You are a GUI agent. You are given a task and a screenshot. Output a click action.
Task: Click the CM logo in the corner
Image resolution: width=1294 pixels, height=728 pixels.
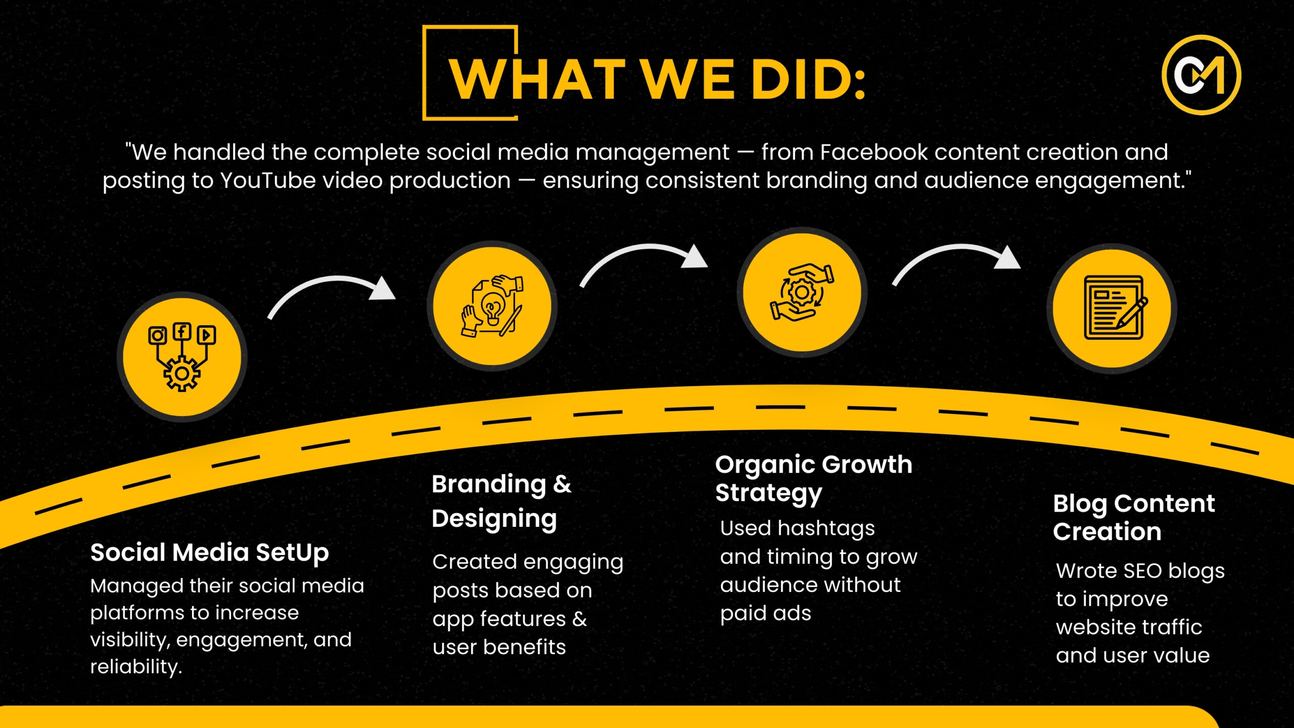1201,75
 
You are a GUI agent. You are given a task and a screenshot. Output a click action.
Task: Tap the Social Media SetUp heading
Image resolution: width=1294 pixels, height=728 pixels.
209,553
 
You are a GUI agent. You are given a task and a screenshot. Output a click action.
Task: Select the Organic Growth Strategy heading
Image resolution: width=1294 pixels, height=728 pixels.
814,478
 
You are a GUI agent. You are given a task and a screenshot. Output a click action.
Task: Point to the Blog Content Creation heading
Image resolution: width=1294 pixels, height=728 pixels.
1134,517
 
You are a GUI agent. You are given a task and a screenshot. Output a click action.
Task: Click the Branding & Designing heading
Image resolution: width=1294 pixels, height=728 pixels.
501,502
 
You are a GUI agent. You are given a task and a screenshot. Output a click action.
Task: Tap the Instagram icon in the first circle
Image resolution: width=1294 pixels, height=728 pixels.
157,335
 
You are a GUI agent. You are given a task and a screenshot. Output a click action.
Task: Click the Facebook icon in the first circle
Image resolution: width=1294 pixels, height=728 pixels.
182,332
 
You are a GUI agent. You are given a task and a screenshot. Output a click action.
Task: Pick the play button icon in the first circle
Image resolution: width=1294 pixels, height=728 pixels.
206,335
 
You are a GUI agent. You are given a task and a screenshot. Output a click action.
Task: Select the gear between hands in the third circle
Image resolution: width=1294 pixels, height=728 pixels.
801,292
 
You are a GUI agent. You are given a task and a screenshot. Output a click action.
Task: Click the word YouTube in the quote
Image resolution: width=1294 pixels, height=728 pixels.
268,180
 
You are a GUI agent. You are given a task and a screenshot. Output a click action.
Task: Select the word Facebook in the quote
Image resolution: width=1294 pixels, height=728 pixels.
873,152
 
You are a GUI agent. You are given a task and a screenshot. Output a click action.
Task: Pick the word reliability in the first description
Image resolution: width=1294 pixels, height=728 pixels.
136,667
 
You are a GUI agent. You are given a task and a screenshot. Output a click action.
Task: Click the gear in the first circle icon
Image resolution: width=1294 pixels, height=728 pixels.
182,373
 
